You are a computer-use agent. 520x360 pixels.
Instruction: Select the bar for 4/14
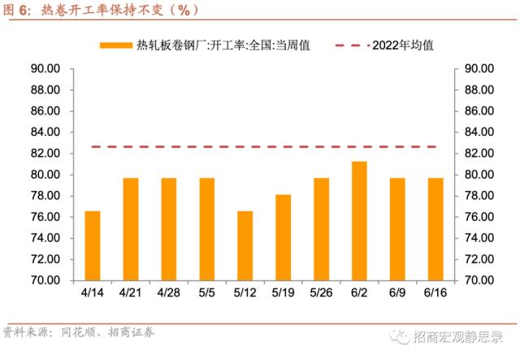(93, 245)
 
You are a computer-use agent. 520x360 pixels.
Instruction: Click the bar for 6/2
(359, 220)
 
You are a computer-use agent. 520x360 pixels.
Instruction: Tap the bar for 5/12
(245, 245)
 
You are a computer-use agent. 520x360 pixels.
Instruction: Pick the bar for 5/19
(283, 237)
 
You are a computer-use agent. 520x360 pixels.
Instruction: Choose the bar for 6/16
(435, 228)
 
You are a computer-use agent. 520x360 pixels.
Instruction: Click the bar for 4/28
(169, 228)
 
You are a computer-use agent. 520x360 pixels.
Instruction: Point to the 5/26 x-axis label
(321, 292)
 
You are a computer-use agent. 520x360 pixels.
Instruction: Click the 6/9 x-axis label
(397, 292)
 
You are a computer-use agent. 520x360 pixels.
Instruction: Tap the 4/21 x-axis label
(131, 292)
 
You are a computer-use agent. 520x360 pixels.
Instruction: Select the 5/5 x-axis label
(207, 292)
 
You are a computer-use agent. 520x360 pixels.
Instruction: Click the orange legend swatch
(116, 46)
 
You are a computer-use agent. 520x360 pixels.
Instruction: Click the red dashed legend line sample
(350, 46)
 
